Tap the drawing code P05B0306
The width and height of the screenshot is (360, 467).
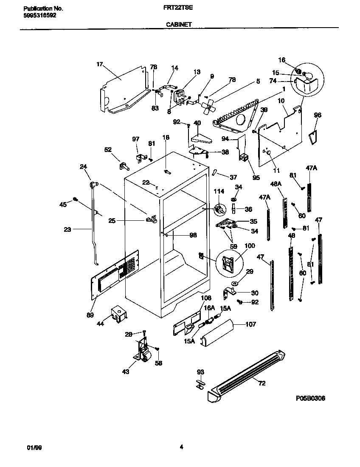click(x=310, y=399)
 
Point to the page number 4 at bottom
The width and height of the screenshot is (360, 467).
click(x=181, y=447)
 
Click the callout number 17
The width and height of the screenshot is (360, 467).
click(x=100, y=65)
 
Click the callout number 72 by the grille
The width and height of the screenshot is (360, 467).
click(x=262, y=383)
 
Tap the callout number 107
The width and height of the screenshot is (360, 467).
click(x=251, y=325)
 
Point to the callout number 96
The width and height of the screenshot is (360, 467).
click(x=318, y=115)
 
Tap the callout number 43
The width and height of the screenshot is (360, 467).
click(x=126, y=372)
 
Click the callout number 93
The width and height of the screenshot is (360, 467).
click(x=200, y=372)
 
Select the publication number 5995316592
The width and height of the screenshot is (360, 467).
click(x=38, y=15)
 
